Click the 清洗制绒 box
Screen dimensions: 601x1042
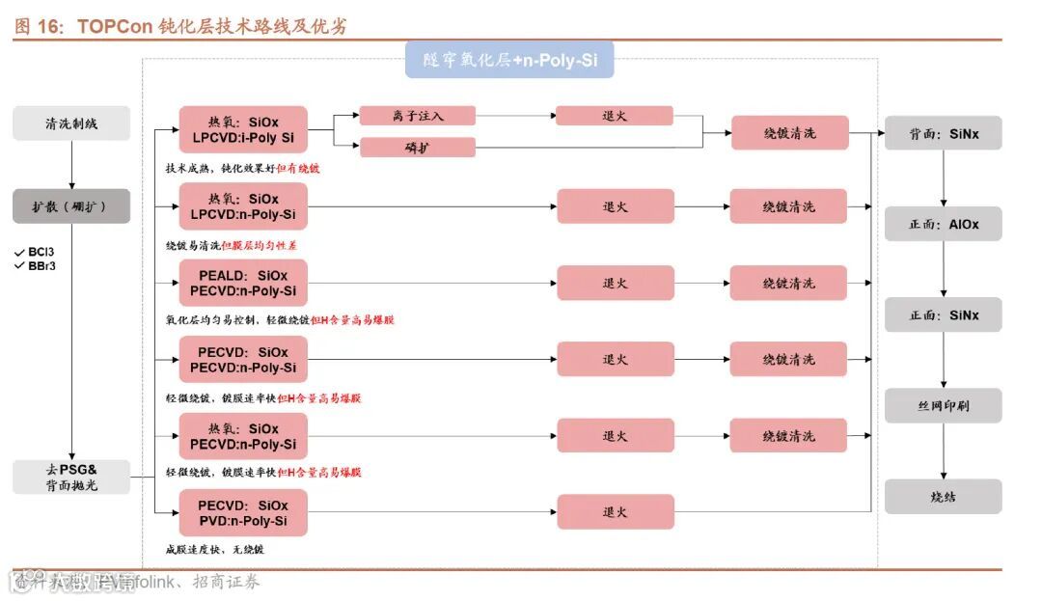(71, 123)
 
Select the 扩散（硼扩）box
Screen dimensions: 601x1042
(71, 206)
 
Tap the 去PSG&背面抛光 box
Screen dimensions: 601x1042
(71, 477)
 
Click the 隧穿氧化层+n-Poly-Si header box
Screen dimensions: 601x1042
(509, 60)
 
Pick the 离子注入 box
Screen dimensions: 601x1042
(418, 116)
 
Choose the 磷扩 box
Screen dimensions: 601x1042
(418, 148)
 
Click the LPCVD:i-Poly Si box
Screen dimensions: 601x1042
(243, 130)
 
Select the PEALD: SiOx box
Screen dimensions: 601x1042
(243, 283)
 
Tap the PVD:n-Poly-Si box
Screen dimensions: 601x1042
(243, 513)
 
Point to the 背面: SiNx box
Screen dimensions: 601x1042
(944, 133)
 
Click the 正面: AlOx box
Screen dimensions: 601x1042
(944, 224)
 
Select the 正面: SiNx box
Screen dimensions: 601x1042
(944, 314)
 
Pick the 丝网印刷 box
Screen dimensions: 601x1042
(944, 405)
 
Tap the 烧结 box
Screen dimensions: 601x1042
(944, 496)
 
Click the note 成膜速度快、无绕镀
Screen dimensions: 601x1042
(214, 549)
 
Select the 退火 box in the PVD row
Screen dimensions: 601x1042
(615, 512)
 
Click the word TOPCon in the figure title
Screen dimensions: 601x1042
(115, 26)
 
